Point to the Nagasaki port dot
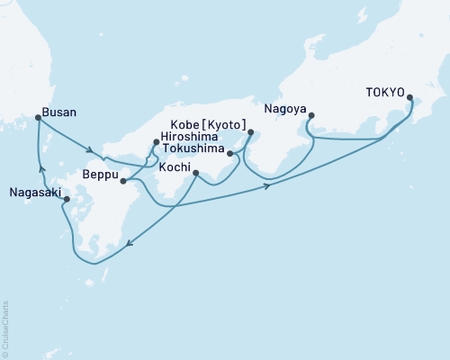pyautogui.click(x=67, y=200)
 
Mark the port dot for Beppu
pyautogui.click(x=122, y=181)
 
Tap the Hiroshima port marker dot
pyautogui.click(x=155, y=142)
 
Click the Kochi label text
pyautogui.click(x=175, y=167)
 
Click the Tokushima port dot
pyautogui.click(x=230, y=154)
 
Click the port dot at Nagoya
pyautogui.click(x=310, y=115)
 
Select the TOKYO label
pyautogui.click(x=384, y=92)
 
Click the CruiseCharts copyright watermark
pyautogui.click(x=5, y=328)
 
